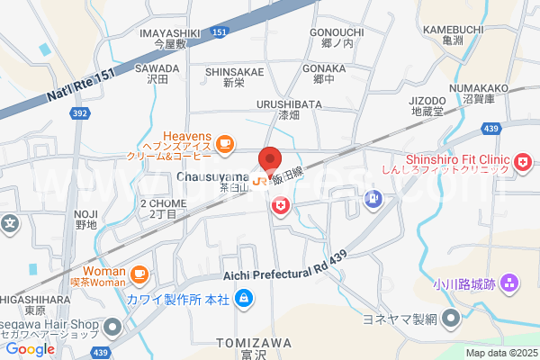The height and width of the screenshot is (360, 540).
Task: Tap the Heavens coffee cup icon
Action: click(x=223, y=143)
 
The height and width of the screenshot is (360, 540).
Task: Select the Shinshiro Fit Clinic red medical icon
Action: click(x=522, y=162)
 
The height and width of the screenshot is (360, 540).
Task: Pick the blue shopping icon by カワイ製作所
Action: click(x=243, y=298)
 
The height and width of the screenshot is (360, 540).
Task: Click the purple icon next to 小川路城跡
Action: click(x=510, y=283)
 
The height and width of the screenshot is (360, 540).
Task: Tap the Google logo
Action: click(x=30, y=349)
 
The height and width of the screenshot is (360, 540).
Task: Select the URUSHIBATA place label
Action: click(x=288, y=103)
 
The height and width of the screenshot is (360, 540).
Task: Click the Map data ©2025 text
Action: click(x=500, y=353)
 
